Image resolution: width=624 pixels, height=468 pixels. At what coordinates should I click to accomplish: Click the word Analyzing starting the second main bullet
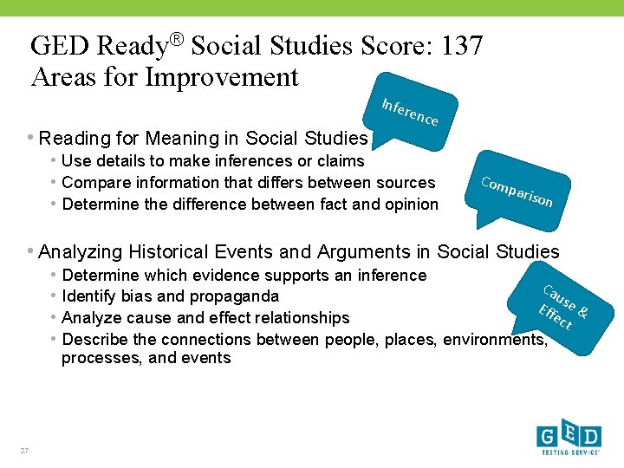click(x=83, y=252)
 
